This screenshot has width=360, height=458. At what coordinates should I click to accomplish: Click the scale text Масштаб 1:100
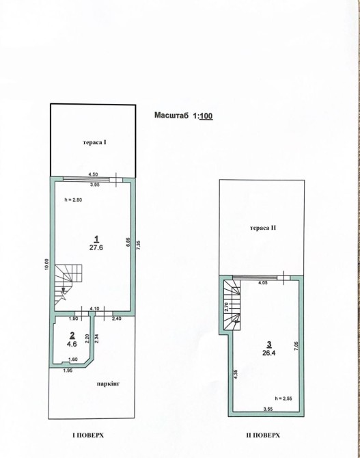coord(183,116)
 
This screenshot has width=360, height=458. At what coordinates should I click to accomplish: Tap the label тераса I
coord(94,143)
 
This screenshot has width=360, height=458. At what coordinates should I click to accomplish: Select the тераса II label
coord(263,228)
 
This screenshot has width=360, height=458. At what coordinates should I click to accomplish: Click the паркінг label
coord(109,383)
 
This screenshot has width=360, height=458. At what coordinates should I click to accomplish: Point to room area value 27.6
coord(96,247)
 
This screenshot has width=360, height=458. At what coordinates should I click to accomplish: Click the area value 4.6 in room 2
coord(72,344)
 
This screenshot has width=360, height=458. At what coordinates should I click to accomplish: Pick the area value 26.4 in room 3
coord(269,353)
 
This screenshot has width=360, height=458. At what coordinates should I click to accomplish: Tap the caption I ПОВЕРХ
coord(88,435)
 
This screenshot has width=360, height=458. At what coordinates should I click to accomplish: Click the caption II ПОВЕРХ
coord(263,435)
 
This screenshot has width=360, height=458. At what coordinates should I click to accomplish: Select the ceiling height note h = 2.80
coord(73,200)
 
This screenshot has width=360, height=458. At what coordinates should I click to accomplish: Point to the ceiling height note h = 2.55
coord(283,398)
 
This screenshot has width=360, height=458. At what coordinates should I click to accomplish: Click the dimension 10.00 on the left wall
coord(46,265)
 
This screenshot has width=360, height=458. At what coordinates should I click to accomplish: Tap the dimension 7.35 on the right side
coord(139,245)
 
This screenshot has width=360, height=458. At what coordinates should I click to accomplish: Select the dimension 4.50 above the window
coord(93,174)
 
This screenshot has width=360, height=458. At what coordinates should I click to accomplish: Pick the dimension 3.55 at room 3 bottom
coord(268,409)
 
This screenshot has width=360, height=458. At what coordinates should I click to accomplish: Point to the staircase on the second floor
coord(232,306)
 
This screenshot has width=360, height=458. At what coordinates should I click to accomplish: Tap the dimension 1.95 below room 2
coord(67,371)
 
